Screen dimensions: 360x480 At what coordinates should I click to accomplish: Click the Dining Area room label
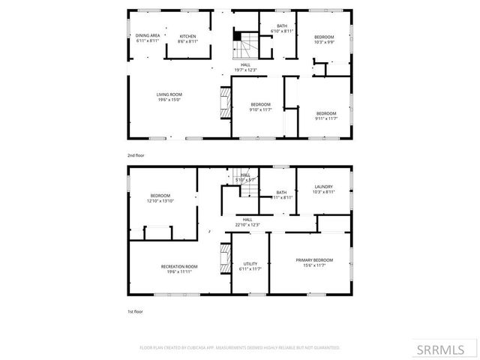(147, 38)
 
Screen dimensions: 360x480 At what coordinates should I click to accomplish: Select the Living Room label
(169, 97)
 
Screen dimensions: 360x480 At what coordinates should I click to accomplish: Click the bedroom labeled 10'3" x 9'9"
(324, 40)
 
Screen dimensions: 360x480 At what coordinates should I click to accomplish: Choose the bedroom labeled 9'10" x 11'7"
(260, 106)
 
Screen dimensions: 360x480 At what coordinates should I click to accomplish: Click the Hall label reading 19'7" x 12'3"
(245, 67)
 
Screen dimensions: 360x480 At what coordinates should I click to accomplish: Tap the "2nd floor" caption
(136, 155)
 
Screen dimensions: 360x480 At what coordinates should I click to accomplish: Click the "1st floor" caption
(135, 310)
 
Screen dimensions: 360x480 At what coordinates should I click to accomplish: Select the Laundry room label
(323, 190)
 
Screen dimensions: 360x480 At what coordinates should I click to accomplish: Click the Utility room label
(250, 266)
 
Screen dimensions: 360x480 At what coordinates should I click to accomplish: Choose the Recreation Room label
(179, 269)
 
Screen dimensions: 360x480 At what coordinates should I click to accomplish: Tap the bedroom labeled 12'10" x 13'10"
(160, 198)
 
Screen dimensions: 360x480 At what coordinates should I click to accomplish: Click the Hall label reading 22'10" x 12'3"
(247, 223)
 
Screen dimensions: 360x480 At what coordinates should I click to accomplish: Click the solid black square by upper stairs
(238, 34)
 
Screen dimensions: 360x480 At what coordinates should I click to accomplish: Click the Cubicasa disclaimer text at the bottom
(240, 348)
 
